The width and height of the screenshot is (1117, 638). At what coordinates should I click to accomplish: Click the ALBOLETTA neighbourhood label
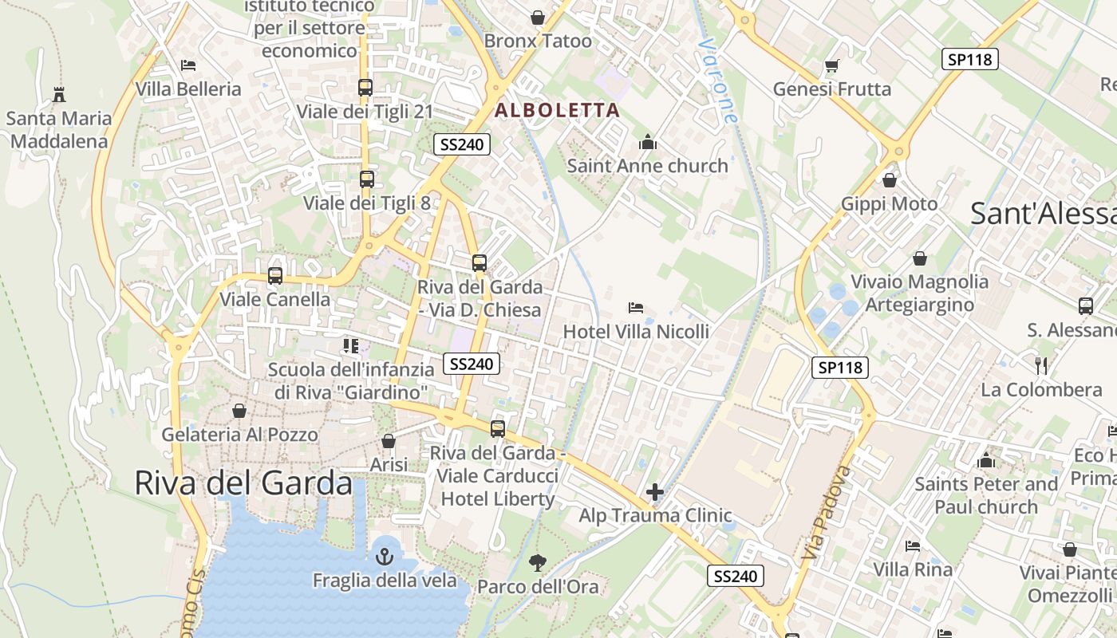(558, 111)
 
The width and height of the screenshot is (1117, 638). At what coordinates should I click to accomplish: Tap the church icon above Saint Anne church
(647, 143)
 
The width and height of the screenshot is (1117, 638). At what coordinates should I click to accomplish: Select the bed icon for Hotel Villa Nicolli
(636, 307)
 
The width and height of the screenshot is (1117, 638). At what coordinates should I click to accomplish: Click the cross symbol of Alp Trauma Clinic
(655, 491)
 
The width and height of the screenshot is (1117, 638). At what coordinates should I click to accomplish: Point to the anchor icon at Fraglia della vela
(385, 556)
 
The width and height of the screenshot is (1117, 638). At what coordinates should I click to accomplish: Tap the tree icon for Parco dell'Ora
(538, 563)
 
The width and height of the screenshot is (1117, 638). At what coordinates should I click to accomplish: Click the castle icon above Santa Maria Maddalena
(58, 95)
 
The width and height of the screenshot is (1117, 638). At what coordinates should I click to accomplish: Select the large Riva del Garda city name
(243, 483)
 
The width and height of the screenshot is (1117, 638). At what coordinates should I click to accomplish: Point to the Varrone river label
(716, 80)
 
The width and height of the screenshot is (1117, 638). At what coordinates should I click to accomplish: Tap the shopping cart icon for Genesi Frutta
(831, 65)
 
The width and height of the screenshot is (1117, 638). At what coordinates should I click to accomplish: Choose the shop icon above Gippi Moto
(890, 180)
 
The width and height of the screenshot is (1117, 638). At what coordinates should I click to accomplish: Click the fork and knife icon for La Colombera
(1040, 366)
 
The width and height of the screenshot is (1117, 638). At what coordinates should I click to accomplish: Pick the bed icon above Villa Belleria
(188, 65)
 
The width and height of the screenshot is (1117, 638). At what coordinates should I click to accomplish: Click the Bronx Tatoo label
(538, 41)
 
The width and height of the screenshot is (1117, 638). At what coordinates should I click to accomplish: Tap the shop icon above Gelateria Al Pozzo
(239, 411)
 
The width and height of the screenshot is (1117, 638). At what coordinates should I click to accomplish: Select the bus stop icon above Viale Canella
(275, 276)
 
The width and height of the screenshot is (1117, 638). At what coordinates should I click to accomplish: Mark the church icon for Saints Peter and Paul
(986, 460)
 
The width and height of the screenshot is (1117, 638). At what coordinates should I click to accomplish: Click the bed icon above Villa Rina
(913, 546)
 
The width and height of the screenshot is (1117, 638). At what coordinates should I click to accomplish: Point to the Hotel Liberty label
(498, 499)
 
